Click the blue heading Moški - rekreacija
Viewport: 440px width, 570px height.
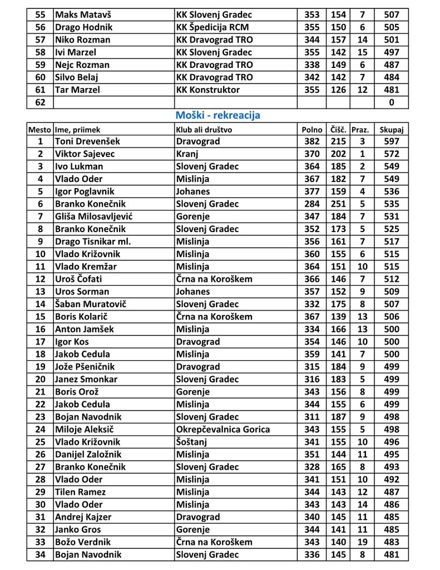tap(218, 115)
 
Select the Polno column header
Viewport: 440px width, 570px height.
tap(312, 129)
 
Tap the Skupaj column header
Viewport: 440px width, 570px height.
tap(391, 129)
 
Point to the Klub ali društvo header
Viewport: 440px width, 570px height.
tap(204, 129)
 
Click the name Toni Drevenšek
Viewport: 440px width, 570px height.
tap(87, 141)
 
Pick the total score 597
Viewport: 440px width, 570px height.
tap(392, 141)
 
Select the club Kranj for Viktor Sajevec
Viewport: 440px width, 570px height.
tap(189, 154)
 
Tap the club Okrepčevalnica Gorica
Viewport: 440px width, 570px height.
tap(223, 429)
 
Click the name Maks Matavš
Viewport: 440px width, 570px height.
tap(83, 14)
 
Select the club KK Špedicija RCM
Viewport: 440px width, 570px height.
tap(212, 27)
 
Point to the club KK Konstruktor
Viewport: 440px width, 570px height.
tap(208, 90)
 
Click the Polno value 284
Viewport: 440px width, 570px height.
tap(312, 204)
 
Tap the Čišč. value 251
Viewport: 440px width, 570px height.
tap(338, 204)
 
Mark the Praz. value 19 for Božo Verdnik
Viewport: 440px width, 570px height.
tap(363, 542)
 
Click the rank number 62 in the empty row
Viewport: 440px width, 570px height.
tap(40, 102)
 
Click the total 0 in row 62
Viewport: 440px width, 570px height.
tap(392, 102)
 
